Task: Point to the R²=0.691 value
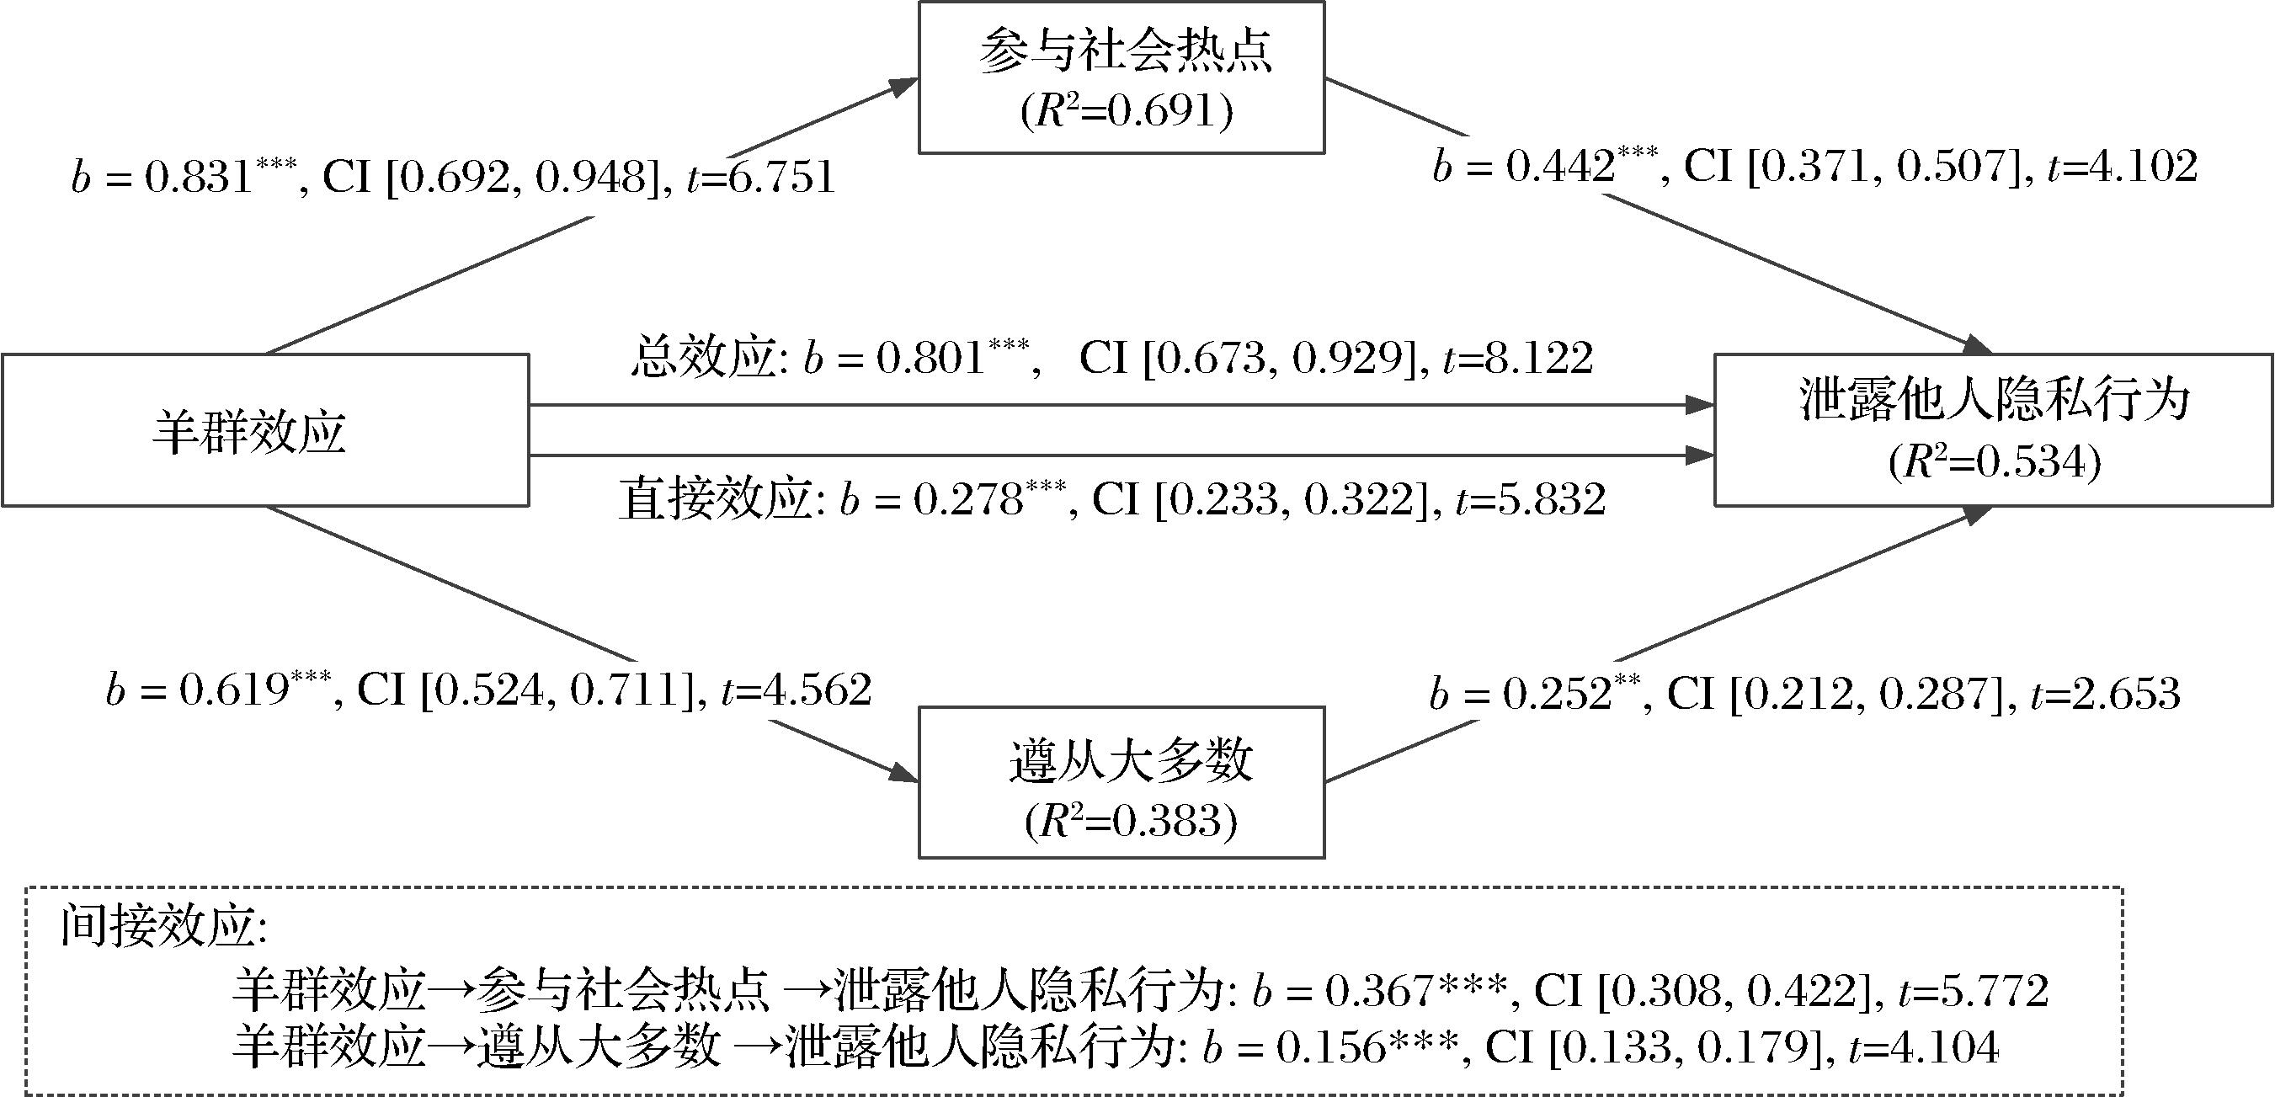pos(1126,113)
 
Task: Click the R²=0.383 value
pos(1131,822)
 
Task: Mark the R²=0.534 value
pos(1994,462)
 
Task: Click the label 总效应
pos(702,359)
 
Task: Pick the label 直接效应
pos(716,500)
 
